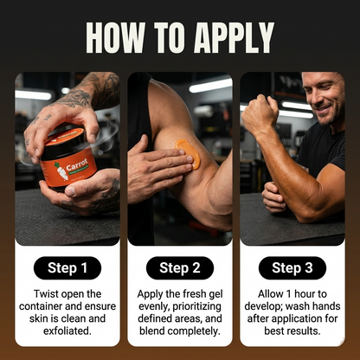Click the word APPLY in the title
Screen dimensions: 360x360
coord(234,37)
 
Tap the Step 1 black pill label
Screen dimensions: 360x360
coord(67,267)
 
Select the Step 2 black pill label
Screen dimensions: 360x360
coord(180,267)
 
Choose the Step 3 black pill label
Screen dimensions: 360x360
coord(292,267)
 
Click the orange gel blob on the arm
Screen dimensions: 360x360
coord(189,153)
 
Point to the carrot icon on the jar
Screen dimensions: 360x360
coord(61,170)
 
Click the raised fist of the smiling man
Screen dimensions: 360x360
coord(259,113)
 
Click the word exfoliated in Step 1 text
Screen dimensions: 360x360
coord(67,331)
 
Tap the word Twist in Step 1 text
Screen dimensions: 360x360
coord(45,294)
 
